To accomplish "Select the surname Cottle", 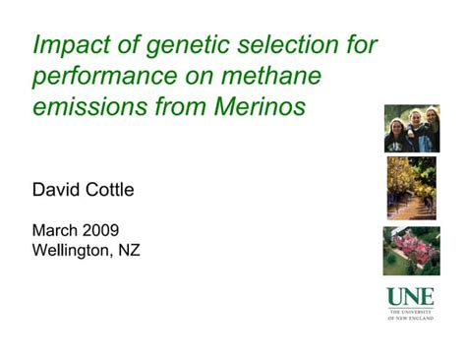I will (x=111, y=189).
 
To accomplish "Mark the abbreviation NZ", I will (x=129, y=250).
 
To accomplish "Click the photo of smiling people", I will (x=411, y=128).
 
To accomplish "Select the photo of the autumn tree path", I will (x=411, y=188).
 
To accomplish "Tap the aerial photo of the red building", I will (x=411, y=250).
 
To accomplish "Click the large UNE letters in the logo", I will (x=410, y=296).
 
